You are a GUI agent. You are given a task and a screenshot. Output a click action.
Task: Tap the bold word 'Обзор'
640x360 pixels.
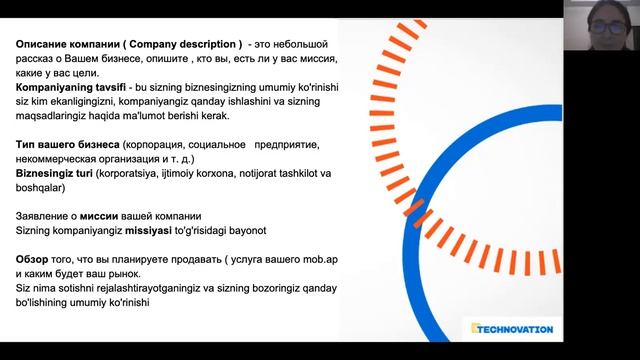[x=34, y=259]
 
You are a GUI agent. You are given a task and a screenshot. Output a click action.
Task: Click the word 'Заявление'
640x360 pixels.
[x=48, y=216]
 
